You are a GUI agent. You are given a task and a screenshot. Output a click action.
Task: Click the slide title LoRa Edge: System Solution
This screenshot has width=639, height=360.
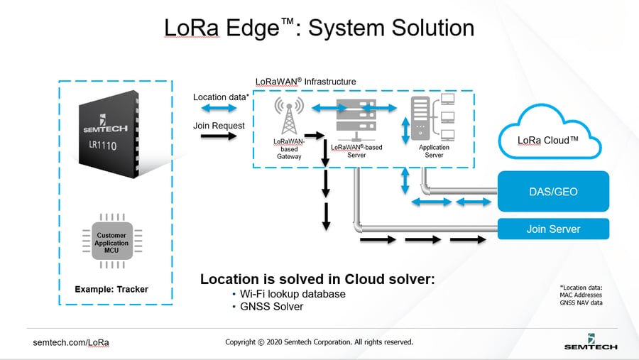(319, 27)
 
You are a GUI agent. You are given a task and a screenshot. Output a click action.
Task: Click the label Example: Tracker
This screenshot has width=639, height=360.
(111, 289)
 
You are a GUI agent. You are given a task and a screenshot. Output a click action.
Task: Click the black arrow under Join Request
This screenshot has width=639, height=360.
(219, 136)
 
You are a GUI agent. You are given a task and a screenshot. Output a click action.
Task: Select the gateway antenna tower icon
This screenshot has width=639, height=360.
(289, 116)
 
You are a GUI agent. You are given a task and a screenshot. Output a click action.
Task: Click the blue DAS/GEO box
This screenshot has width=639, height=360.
(553, 191)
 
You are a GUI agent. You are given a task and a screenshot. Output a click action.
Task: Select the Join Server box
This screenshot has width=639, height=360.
(553, 229)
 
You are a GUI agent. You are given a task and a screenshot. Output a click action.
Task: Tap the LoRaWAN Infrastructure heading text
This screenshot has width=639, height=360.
(305, 82)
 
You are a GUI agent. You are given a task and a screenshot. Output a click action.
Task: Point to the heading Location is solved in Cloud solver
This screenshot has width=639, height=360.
(317, 279)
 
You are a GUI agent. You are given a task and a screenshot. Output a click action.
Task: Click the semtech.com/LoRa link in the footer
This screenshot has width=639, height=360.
(71, 342)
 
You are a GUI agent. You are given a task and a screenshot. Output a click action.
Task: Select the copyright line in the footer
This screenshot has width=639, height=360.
(319, 342)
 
